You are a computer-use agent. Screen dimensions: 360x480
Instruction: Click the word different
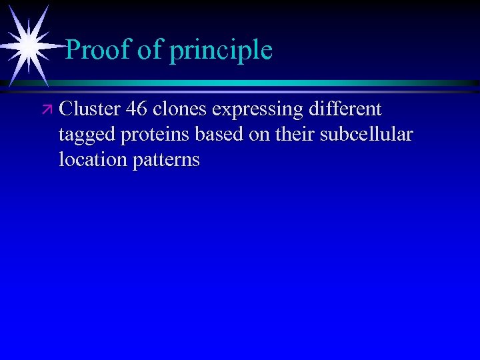pos(342,109)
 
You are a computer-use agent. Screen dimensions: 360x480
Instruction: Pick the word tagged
pos(86,135)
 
